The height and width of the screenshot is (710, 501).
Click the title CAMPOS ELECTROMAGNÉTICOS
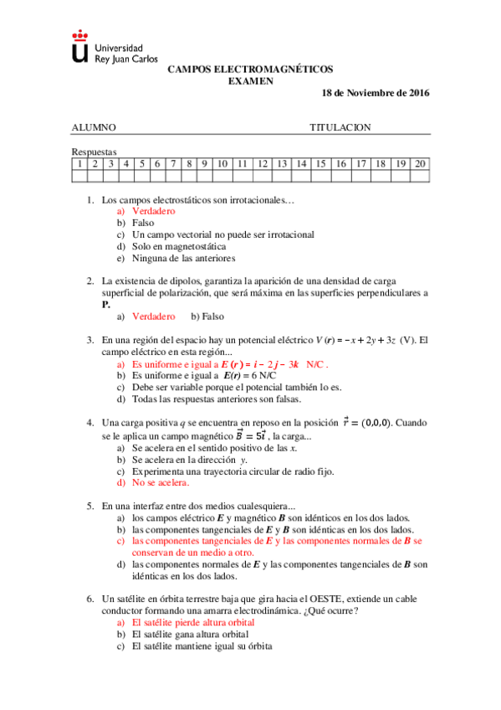[x=250, y=70]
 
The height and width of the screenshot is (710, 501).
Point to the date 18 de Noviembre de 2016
[x=376, y=93]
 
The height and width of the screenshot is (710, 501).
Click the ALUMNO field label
[x=94, y=127]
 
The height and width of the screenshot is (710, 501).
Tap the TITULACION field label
[x=340, y=127]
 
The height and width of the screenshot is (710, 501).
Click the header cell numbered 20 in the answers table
[x=420, y=163]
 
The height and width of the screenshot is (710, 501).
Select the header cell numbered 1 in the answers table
[x=79, y=163]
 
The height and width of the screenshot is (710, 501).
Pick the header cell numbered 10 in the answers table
[x=222, y=163]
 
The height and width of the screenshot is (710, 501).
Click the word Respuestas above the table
[x=95, y=152]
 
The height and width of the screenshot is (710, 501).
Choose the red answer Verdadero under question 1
[x=154, y=212]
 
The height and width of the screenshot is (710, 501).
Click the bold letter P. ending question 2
[x=105, y=305]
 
